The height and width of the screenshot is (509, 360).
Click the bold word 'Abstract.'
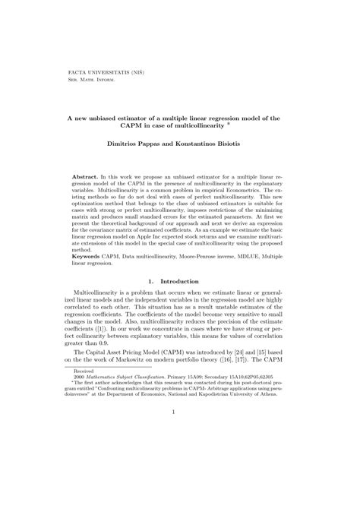[98, 175]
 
